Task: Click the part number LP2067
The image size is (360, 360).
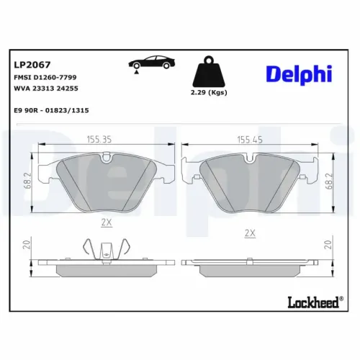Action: (27, 64)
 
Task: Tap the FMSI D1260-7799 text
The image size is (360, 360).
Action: (45, 76)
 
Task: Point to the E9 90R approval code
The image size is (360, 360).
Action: (50, 110)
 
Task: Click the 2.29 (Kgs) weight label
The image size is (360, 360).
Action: (210, 94)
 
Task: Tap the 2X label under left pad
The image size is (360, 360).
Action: (106, 222)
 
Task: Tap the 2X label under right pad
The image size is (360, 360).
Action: (250, 233)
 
